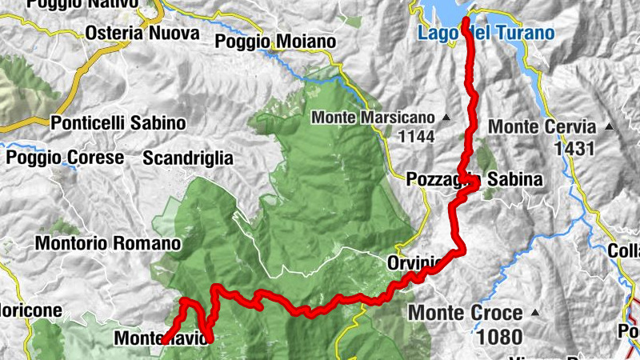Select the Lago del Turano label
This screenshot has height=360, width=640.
[486, 34]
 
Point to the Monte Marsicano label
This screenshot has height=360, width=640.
[373, 118]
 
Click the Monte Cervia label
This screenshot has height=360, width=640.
[542, 126]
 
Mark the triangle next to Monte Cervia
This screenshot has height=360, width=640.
[610, 126]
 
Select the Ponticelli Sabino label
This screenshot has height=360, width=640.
[118, 123]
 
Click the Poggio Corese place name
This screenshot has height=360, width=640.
[65, 157]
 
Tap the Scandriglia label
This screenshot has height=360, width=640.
[187, 158]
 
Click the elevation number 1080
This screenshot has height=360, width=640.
[501, 337]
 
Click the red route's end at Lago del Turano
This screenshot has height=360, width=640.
[465, 18]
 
